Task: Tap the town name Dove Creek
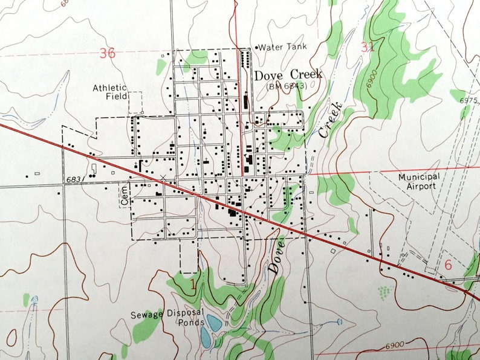(x=288, y=75)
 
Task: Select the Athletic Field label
(x=109, y=92)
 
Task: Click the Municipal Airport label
(x=419, y=181)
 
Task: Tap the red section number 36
(x=107, y=53)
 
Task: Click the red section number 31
(x=368, y=47)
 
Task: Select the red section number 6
(x=448, y=265)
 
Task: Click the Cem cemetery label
(x=126, y=195)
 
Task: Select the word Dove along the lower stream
(x=276, y=255)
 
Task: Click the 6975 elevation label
(x=469, y=101)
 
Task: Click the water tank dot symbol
(x=256, y=47)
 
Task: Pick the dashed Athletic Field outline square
(x=134, y=102)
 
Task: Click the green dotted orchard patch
(x=384, y=293)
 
